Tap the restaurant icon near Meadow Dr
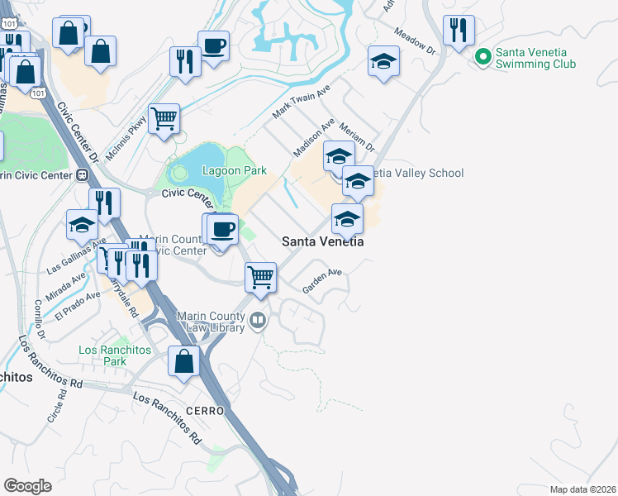coord(458,31)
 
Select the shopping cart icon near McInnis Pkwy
coord(164,118)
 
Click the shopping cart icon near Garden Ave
coord(261,276)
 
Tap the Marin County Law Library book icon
coord(259,320)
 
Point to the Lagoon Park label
coord(235,171)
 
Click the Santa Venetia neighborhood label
coord(323,241)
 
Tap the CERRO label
coord(205,411)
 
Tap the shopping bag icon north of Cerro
coord(183,362)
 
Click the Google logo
coord(28,486)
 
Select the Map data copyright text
coord(582,489)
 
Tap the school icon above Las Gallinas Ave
coord(83,225)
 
